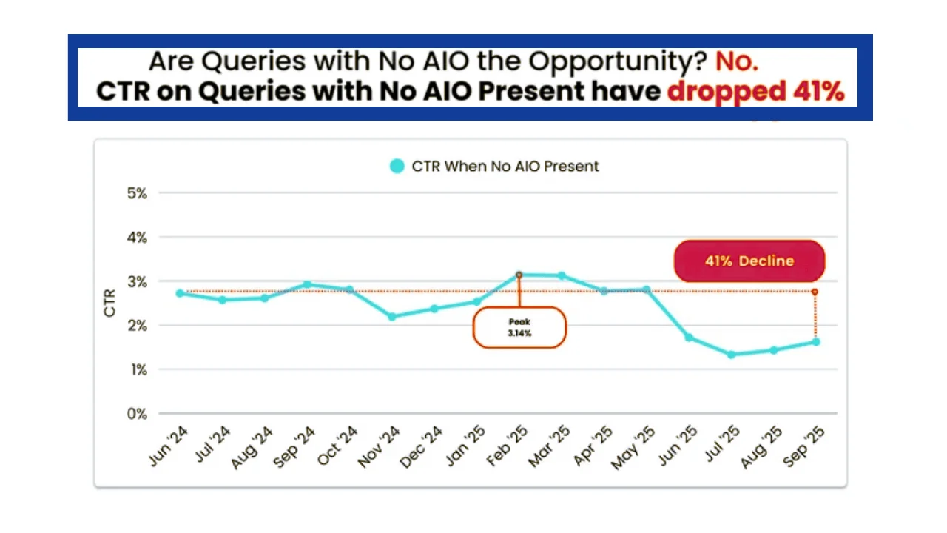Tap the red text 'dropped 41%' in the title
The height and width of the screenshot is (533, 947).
(x=755, y=92)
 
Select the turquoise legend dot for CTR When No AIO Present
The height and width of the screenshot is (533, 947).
(x=397, y=167)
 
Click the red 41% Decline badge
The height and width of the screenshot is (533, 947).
(x=749, y=261)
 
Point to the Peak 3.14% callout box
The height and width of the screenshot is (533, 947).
(x=519, y=327)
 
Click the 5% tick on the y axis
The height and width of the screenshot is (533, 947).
(x=138, y=193)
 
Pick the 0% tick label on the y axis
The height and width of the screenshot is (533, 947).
(x=137, y=414)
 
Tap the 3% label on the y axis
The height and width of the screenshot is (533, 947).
(x=138, y=282)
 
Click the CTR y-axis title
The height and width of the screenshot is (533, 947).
(x=110, y=304)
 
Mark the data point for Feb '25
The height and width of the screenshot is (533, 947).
(x=519, y=275)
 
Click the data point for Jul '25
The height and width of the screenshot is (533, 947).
(x=731, y=355)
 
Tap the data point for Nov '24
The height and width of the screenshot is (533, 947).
(x=392, y=317)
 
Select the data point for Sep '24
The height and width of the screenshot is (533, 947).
(x=307, y=284)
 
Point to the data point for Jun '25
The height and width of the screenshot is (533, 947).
(x=689, y=338)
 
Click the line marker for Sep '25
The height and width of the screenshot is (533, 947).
(x=816, y=342)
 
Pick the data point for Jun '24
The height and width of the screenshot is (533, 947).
(x=180, y=293)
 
